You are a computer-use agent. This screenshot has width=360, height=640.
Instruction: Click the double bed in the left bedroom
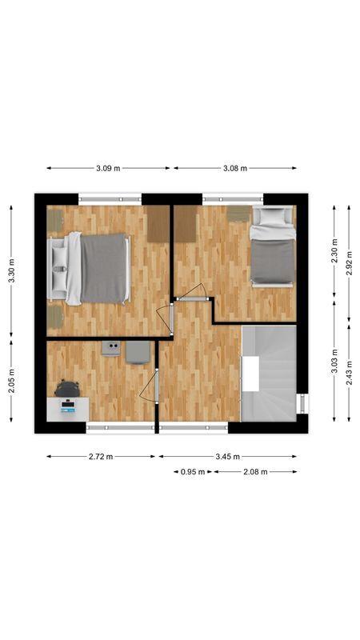point(96,268)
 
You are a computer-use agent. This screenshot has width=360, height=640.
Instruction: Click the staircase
point(269,373)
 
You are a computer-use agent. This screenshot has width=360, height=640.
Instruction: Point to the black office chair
point(67,389)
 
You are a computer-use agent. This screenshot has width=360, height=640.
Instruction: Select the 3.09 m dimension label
point(108,168)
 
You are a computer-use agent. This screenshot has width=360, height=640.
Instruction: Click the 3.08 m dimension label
point(234,168)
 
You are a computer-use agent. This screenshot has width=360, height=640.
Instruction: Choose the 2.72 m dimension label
point(100,457)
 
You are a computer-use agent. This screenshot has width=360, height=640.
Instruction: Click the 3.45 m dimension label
point(227,457)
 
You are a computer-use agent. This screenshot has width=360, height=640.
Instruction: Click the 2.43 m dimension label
point(349,372)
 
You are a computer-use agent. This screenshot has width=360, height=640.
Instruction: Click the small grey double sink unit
point(111,347)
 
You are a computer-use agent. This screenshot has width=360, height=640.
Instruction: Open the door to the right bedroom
point(193,291)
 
